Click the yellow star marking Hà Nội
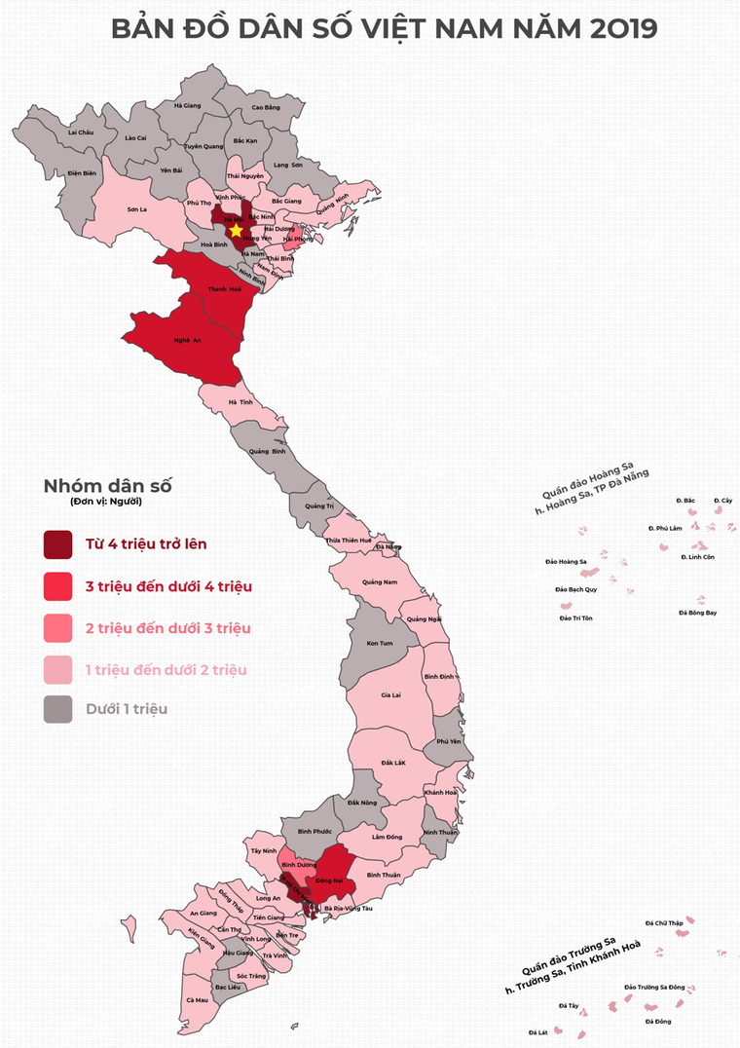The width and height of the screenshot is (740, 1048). coord(236,230)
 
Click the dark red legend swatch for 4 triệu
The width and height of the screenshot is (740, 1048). coord(57,544)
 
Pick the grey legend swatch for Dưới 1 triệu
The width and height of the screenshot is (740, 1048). coord(57,709)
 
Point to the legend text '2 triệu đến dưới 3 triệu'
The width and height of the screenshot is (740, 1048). coord(168,628)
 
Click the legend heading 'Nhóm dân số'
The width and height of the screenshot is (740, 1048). coord(107,486)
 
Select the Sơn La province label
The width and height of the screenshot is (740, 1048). coord(137,209)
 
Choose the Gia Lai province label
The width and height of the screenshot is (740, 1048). coord(390,695)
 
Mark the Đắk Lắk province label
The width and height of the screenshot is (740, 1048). coord(392,762)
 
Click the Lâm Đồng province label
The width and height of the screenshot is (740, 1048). coord(387,837)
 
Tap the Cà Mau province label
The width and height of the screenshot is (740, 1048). coord(196,999)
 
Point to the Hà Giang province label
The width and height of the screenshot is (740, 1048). coord(187,105)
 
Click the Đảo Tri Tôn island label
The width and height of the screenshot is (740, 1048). coord(575,618)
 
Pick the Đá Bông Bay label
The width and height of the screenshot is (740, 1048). coord(697,613)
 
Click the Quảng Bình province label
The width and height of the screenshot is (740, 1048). coord(267,452)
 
